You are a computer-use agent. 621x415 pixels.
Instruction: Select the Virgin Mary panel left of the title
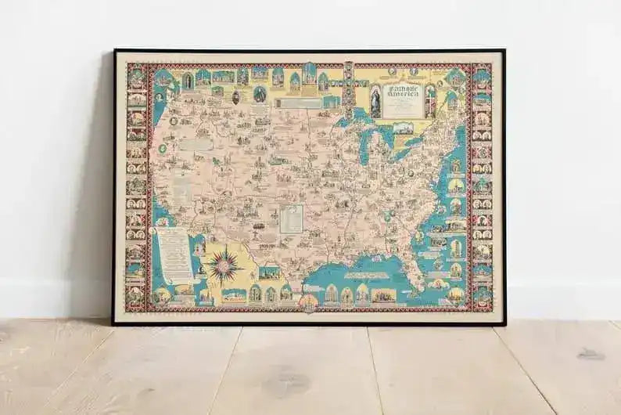point(375,102)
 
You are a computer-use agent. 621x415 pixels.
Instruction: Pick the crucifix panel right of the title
point(429,101)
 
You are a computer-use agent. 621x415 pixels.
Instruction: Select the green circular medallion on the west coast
point(162,148)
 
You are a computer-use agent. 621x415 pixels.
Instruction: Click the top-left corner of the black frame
point(114,51)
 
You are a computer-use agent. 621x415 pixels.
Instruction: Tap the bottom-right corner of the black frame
point(504,323)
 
